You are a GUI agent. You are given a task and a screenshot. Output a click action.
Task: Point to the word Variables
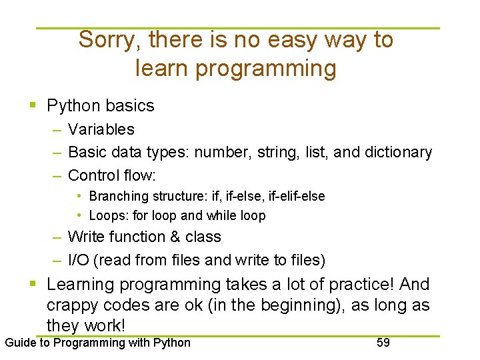[101, 129]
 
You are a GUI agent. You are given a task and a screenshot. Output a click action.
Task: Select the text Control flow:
[112, 176]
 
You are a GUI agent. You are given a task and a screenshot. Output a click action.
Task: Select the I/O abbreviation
[79, 260]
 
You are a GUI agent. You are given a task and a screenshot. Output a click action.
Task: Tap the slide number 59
[383, 343]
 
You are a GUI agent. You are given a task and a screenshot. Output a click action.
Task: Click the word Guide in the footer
[20, 343]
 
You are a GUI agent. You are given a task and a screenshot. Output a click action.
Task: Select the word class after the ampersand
[203, 237]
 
